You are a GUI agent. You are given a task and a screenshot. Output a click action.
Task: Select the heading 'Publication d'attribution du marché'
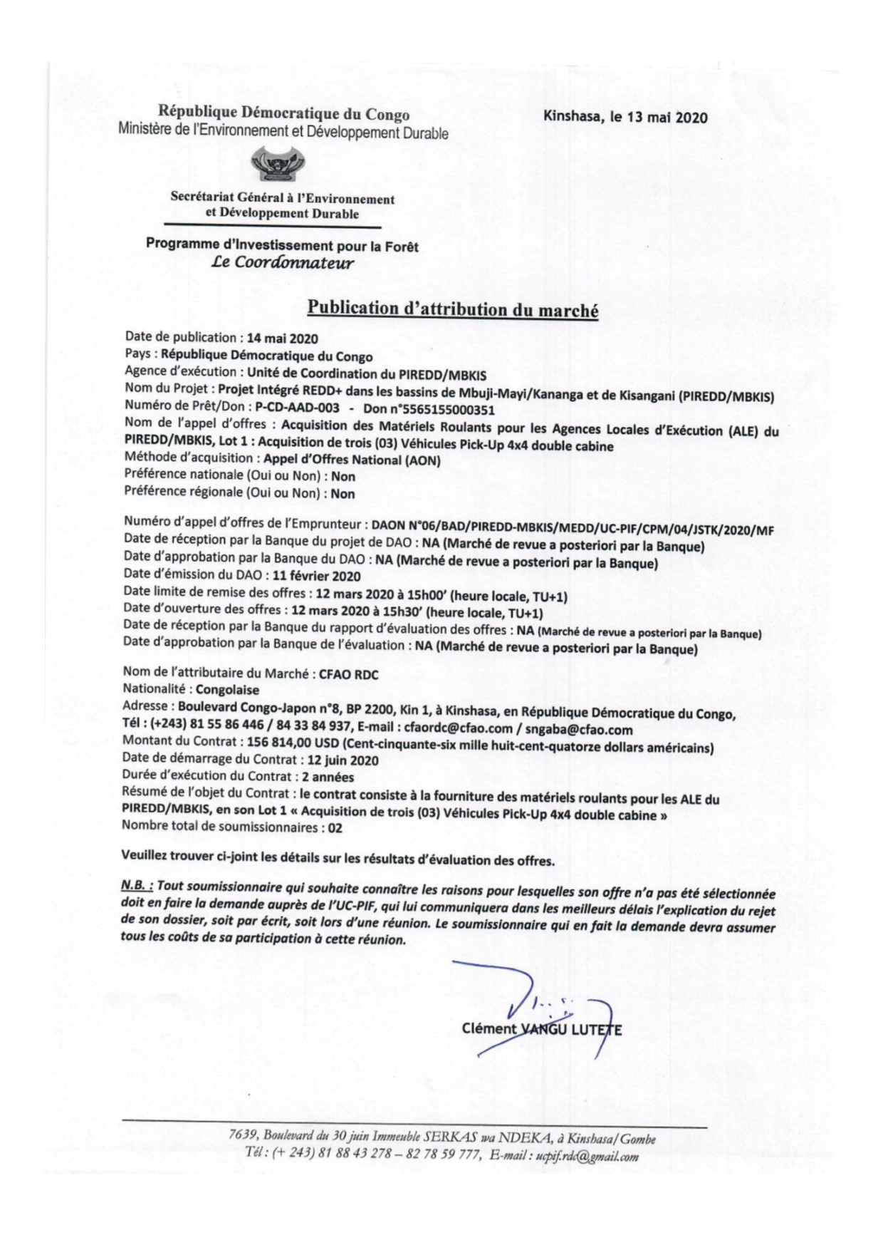pyautogui.click(x=452, y=309)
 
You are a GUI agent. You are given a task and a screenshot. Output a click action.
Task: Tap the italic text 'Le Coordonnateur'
pyautogui.click(x=283, y=263)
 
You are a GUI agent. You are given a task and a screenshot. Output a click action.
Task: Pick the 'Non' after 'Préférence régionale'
pyautogui.click(x=343, y=493)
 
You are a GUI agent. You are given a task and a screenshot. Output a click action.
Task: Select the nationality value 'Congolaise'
pyautogui.click(x=227, y=690)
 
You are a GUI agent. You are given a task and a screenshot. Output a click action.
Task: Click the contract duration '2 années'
pyautogui.click(x=328, y=777)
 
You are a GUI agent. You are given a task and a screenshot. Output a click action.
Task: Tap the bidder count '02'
pyautogui.click(x=335, y=828)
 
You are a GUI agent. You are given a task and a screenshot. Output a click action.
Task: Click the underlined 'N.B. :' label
pyautogui.click(x=137, y=886)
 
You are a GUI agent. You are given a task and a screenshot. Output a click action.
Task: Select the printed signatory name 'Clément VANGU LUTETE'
pyautogui.click(x=541, y=1029)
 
